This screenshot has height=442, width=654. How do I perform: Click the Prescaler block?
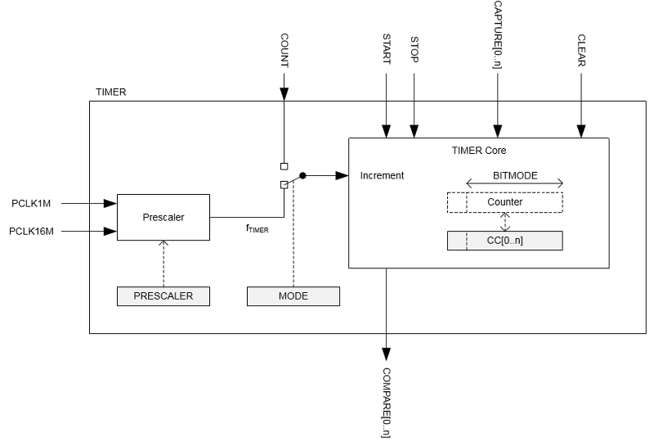tap(163, 218)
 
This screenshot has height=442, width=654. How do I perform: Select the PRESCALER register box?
tap(163, 295)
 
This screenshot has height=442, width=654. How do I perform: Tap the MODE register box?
tap(293, 295)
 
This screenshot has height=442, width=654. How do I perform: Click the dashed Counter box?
tap(504, 201)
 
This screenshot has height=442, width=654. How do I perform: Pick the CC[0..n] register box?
tap(504, 241)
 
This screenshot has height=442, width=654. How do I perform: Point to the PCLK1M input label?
tap(31, 202)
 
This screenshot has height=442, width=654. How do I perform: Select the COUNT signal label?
tap(284, 51)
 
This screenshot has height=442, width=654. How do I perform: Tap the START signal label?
tap(387, 51)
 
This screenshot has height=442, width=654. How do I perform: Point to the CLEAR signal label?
tap(581, 51)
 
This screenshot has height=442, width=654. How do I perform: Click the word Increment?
tap(382, 175)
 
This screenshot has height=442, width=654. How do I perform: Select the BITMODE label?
tap(515, 175)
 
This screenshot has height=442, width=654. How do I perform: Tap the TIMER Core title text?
tap(479, 150)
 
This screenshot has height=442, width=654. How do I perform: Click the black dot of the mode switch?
tap(302, 175)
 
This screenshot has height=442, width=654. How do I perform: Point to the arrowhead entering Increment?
tap(343, 175)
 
